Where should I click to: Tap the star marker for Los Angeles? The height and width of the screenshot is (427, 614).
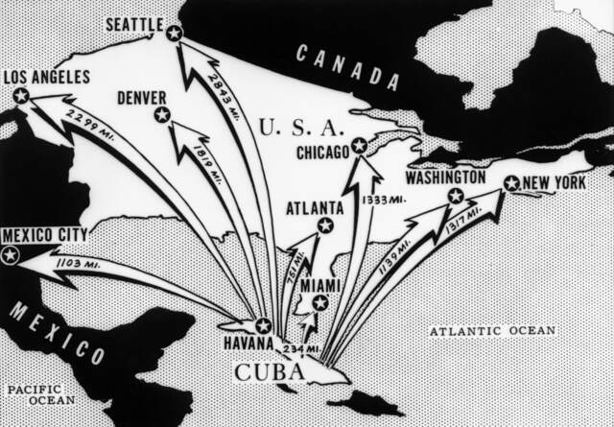20,95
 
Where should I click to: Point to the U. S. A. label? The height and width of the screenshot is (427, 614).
300,126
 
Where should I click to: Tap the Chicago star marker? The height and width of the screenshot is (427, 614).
359,145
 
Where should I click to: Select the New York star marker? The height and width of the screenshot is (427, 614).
511,183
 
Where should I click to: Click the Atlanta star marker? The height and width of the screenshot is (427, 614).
325,225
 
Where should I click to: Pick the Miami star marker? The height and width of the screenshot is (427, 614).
320,303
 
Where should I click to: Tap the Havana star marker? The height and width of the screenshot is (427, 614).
263,325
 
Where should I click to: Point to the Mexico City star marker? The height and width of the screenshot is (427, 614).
11,255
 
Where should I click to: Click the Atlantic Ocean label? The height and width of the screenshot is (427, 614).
491,330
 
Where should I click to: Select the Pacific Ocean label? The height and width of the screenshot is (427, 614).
35,394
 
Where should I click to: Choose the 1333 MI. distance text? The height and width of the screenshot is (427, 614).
381,201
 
